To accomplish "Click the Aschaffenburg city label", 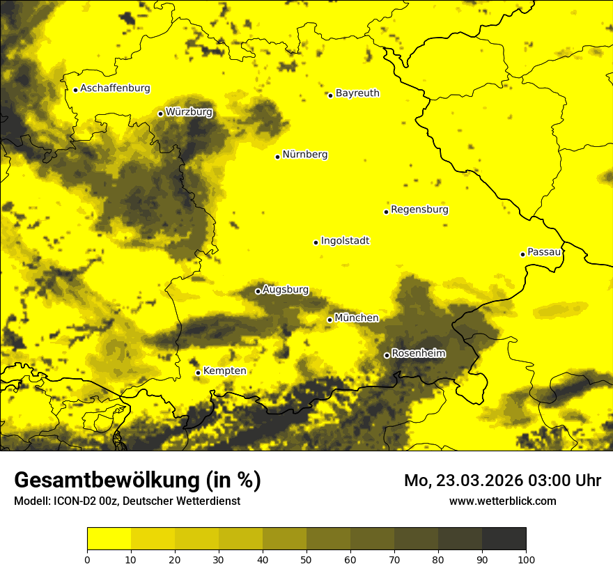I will tap(115, 88).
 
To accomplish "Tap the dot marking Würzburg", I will tap(160, 114).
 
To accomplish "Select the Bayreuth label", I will tap(357, 93).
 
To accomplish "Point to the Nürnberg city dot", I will tap(277, 157).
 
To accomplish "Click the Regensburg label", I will tap(419, 210).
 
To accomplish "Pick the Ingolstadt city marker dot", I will tap(316, 243).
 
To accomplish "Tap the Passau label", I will tap(544, 252).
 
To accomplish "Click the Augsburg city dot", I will tap(258, 291).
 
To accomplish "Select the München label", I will tap(357, 318).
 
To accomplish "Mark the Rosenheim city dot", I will tap(387, 356).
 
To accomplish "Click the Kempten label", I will tap(224, 371).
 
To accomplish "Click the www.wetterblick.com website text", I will tap(502, 501).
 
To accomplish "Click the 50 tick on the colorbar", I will tap(306, 559).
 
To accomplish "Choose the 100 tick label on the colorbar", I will tap(526, 559).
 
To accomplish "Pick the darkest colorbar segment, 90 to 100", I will tap(504, 539).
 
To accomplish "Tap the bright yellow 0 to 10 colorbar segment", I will tap(109, 539).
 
